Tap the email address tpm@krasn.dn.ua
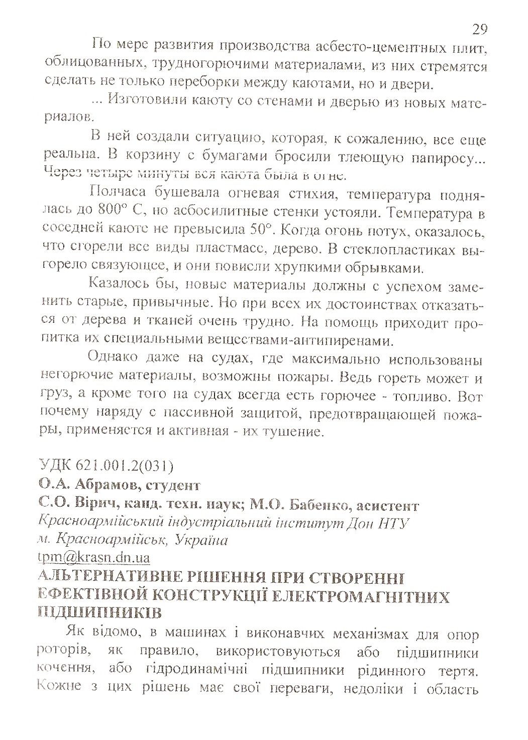pyautogui.click(x=94, y=557)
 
